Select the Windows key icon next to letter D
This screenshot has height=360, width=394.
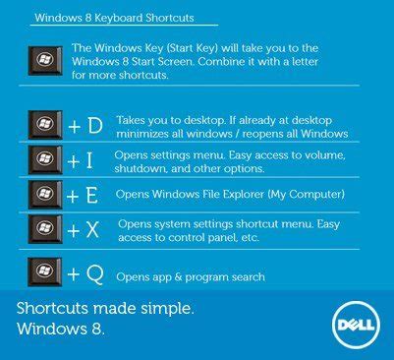coord(46,125)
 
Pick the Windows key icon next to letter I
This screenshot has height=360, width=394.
coord(46,159)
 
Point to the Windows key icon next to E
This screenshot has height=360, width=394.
coord(46,194)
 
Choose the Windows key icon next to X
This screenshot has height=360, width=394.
coord(46,230)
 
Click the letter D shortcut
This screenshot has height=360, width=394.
coord(95,126)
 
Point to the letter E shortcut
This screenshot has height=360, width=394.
coord(92,195)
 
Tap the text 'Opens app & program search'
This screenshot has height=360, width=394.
coord(190,277)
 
